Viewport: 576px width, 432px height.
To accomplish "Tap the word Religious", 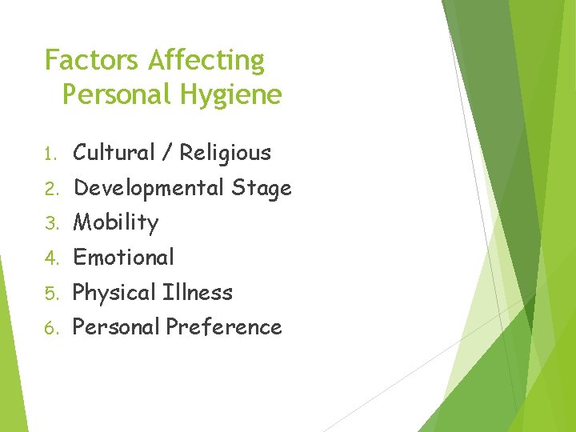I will pyautogui.click(x=225, y=153).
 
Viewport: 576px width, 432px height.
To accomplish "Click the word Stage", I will pyautogui.click(x=261, y=189).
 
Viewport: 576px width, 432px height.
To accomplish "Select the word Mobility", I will pyautogui.click(x=116, y=223).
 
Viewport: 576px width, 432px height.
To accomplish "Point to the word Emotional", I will pyautogui.click(x=123, y=258).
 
